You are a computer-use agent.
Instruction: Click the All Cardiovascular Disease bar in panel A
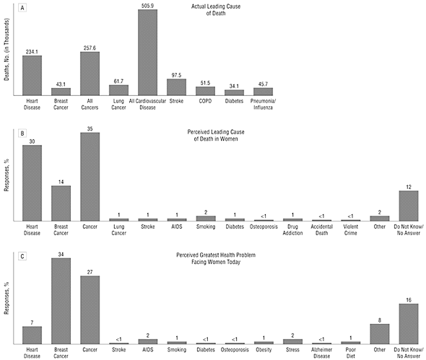pos(147,53)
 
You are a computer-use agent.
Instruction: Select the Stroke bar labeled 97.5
pos(177,87)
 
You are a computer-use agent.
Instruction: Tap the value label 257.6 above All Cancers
pos(90,48)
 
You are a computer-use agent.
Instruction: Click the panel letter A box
pos(22,8)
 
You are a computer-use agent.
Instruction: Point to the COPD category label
pos(205,101)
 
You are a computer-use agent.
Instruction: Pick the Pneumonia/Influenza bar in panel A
pos(264,92)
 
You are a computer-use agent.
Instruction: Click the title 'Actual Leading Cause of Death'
pos(216,10)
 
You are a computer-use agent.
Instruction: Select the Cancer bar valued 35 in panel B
pos(90,177)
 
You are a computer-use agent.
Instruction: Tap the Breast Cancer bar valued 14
pos(61,203)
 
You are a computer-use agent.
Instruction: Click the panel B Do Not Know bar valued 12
pos(409,206)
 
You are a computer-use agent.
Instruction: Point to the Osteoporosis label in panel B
pos(264,227)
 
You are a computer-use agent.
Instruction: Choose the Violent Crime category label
pos(350,229)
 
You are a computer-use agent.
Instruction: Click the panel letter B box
pos(22,133)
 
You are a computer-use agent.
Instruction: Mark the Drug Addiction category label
pos(292,229)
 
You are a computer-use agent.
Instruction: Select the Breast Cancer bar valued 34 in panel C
pos(61,301)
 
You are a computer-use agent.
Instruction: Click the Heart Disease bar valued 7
pos(32,335)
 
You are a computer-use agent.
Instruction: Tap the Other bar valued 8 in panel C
pos(380,334)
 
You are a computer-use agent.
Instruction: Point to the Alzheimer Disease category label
pos(322,353)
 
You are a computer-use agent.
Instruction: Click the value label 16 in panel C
pos(409,300)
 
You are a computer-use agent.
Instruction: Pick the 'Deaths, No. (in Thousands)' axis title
pos(6,49)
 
